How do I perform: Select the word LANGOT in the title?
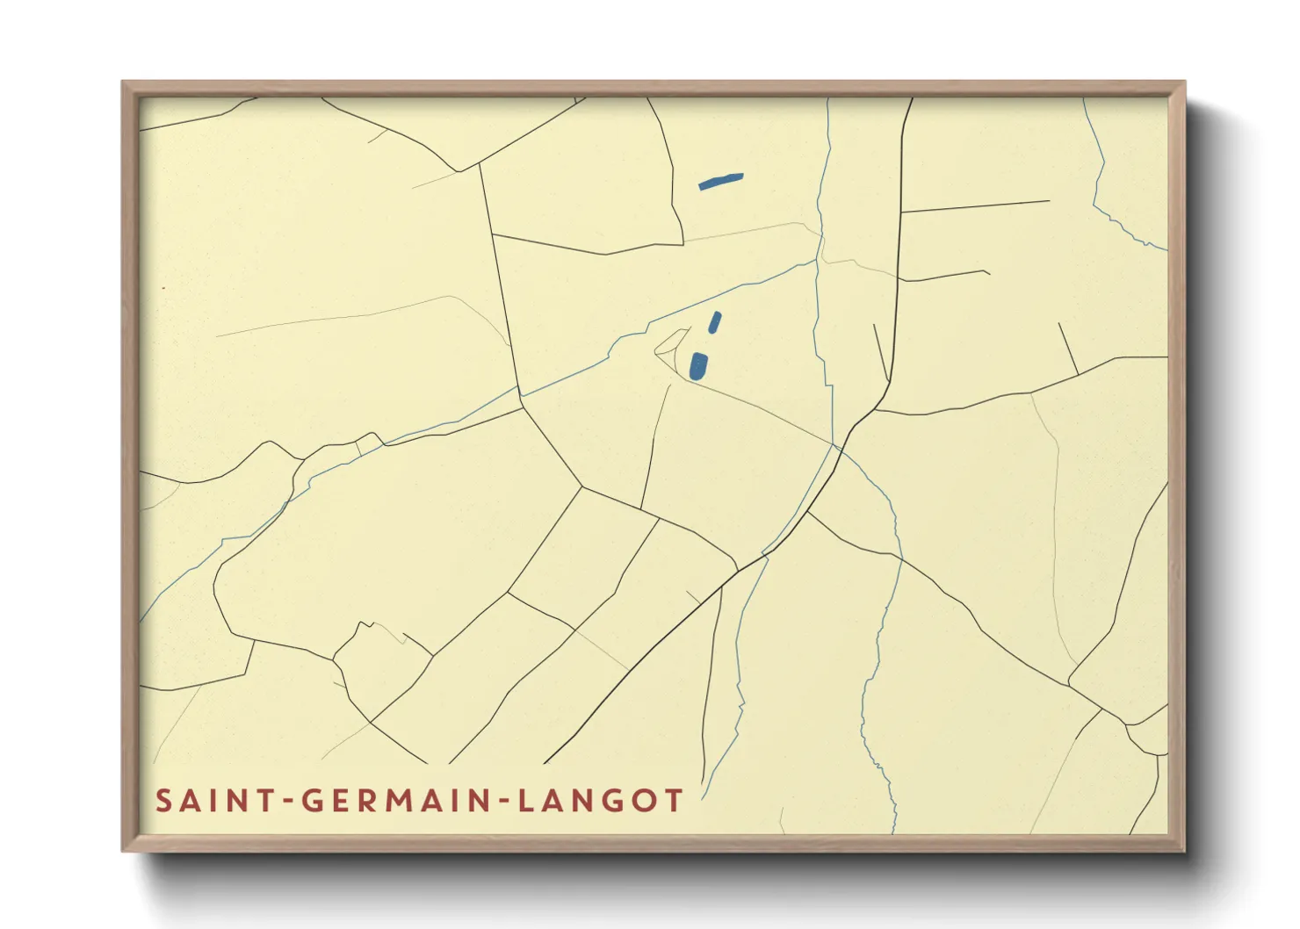(600, 801)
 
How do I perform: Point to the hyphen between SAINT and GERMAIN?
(286, 802)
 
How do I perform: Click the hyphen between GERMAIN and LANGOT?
(502, 802)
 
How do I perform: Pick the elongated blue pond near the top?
(721, 181)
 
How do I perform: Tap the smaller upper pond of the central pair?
(715, 322)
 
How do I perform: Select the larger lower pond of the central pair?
(697, 365)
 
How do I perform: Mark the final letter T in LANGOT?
(674, 801)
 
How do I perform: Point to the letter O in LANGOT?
(646, 801)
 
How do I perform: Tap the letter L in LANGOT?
(524, 801)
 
